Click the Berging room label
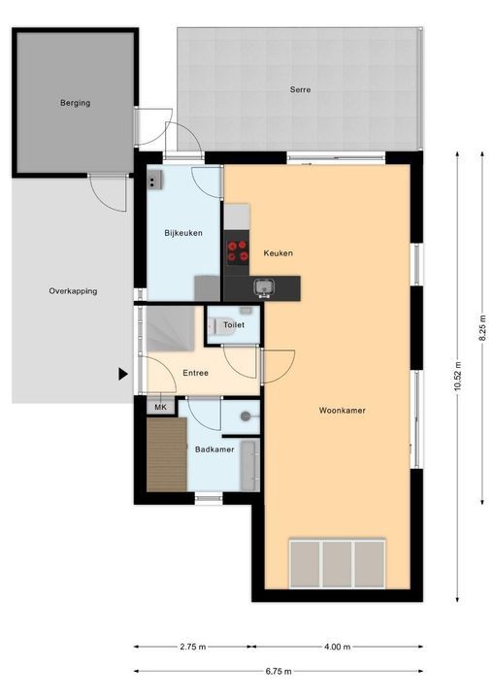[76, 103]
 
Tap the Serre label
[300, 89]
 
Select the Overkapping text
[73, 291]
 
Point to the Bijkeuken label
[183, 233]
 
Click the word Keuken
[279, 253]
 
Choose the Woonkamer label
[342, 411]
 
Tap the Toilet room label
[234, 325]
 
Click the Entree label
[196, 373]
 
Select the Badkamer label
[214, 449]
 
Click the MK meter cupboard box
[160, 407]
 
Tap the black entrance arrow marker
[123, 374]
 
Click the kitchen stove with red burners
[237, 251]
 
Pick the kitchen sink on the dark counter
[264, 287]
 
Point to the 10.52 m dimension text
[457, 377]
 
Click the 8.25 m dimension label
[482, 328]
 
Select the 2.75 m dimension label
[193, 647]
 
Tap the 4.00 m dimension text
[338, 647]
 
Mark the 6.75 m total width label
[279, 672]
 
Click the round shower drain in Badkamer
[246, 416]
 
